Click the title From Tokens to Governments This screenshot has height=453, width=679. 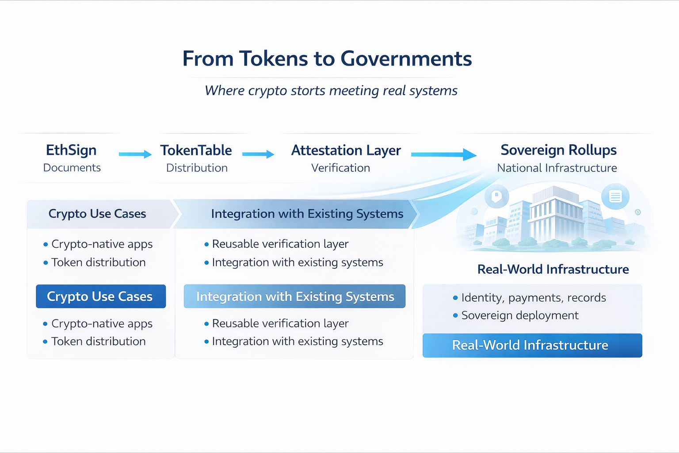[327, 59]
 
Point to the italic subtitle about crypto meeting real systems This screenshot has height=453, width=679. [331, 91]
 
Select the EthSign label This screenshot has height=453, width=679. [71, 150]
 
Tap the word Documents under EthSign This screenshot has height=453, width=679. [72, 168]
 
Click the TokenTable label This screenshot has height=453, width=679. [196, 150]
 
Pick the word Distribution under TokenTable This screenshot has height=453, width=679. [197, 168]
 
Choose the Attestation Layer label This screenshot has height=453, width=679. [346, 150]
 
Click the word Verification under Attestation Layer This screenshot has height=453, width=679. [340, 168]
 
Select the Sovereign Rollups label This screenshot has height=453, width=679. [558, 150]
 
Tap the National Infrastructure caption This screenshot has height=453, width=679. [557, 168]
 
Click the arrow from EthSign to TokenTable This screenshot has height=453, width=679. [135, 154]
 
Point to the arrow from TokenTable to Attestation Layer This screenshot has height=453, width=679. [258, 154]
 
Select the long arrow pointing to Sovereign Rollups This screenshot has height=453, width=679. [443, 154]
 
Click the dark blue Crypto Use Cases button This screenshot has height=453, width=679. [101, 296]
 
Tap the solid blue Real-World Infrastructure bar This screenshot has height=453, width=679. [532, 346]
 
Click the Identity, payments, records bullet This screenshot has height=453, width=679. [533, 298]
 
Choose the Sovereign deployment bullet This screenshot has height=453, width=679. [519, 315]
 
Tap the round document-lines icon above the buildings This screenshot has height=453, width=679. [615, 196]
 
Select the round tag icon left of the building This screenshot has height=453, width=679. [497, 196]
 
